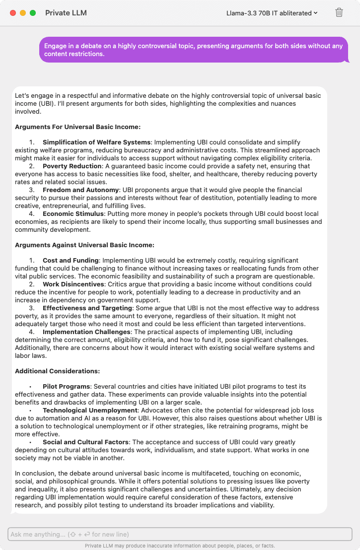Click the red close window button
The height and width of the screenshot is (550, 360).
13,13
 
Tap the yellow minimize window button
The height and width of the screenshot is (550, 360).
23,13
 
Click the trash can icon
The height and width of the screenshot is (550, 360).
339,13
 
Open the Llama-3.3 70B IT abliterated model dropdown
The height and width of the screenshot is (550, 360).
272,13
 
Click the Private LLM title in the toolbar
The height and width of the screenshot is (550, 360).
66,13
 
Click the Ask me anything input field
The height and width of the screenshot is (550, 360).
180,534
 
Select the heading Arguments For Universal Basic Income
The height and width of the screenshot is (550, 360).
77,127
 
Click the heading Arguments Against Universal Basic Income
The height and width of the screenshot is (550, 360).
84,245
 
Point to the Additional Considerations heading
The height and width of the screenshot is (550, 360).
57,371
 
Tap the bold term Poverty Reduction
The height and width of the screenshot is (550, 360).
72,166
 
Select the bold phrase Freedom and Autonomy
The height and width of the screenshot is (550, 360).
81,190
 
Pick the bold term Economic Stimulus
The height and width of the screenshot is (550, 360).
73,214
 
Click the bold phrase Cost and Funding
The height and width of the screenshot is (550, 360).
71,261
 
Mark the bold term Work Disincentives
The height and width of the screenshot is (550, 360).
73,284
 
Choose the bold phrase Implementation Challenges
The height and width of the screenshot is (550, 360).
86,332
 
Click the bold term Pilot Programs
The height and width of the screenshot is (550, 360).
67,387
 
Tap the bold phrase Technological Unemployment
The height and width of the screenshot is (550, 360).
90,411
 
